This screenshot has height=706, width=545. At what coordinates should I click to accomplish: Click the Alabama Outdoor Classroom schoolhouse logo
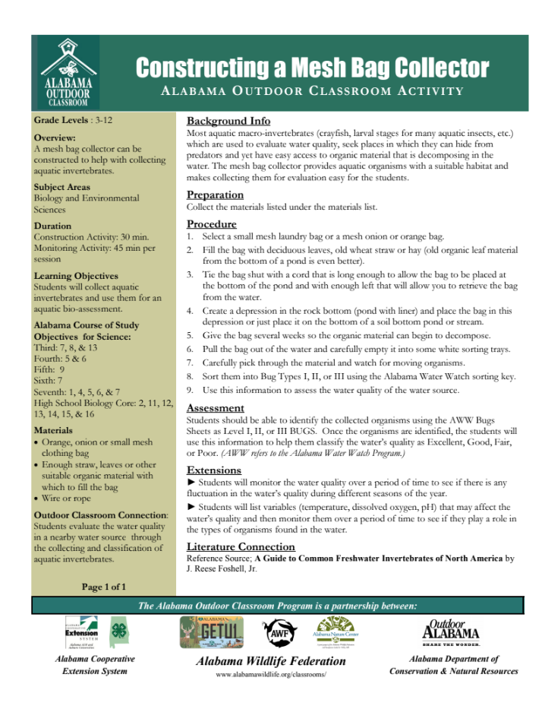tap(68, 71)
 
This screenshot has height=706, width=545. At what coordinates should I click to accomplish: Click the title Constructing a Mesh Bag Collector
tap(312, 68)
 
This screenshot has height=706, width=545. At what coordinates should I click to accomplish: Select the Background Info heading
tap(228, 121)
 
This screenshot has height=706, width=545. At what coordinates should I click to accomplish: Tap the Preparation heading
tap(215, 195)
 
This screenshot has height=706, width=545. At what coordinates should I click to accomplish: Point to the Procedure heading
tap(212, 224)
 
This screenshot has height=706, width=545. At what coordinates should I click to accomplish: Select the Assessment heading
tap(216, 407)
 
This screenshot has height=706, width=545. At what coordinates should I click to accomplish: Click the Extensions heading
tap(214, 470)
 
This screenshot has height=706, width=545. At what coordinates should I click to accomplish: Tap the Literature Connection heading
tap(240, 546)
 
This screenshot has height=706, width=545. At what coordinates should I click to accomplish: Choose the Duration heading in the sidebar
tap(52, 226)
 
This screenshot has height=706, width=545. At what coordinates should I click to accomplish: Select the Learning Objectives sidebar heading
tap(76, 276)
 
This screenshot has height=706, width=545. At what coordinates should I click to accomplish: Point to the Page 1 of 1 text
tap(104, 587)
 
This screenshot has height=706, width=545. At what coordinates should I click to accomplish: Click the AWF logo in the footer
tap(278, 631)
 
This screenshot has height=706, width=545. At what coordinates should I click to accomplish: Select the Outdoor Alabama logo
tap(451, 630)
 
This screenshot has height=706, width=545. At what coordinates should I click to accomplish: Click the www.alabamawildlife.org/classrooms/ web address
tap(271, 674)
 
